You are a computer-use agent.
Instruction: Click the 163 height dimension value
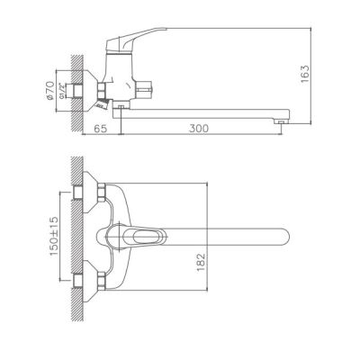coord(305,74)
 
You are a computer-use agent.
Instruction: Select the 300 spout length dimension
coord(199,129)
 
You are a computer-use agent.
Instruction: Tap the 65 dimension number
coord(101,129)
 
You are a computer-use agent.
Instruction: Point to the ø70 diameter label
coord(50,90)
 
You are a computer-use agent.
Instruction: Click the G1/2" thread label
coord(61,91)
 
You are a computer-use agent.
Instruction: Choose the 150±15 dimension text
coord(54,237)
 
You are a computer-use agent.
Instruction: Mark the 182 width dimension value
coord(201,263)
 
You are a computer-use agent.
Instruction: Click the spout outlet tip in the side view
coord(281,121)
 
